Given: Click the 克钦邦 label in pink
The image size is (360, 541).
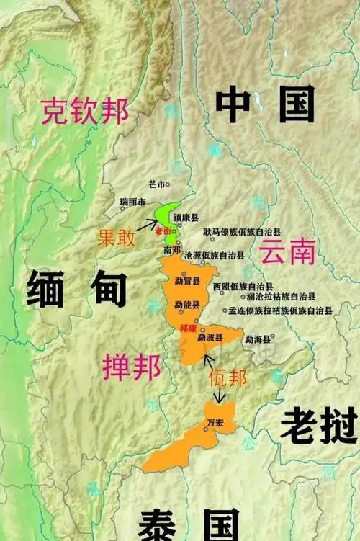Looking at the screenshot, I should (85, 112).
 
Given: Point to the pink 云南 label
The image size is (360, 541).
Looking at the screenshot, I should (287, 252).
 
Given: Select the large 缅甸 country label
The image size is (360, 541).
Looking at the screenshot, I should (77, 290).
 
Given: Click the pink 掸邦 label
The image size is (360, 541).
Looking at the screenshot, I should (132, 367).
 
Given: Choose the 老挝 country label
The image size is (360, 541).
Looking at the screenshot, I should (318, 424).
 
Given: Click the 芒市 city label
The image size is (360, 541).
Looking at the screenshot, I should (156, 184).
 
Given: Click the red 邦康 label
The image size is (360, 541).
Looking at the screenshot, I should (186, 327).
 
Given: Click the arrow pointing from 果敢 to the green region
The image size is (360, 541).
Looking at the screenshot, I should (148, 225).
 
